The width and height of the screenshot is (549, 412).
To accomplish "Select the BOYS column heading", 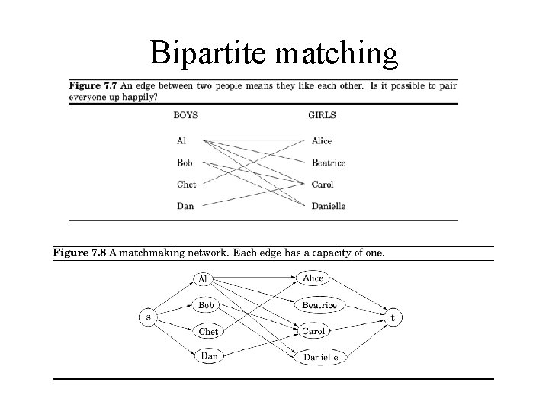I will click(x=186, y=115).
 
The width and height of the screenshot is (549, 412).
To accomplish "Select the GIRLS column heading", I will click(x=322, y=115).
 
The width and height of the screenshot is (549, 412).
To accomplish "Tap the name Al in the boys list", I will click(x=181, y=140).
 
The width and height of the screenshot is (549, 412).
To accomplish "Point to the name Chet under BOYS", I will click(x=186, y=184).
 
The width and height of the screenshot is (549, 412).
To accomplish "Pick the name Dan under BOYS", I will click(x=185, y=206).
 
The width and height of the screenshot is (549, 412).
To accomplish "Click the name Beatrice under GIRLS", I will click(x=329, y=163).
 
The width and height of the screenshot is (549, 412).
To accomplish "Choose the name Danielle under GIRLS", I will click(x=329, y=206).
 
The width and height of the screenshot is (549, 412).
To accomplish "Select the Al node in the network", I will click(x=203, y=279).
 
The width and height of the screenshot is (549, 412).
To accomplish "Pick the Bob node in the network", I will click(x=206, y=305).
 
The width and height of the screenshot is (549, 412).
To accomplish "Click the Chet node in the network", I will click(x=208, y=332).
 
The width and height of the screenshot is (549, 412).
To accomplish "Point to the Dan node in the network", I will click(x=209, y=356).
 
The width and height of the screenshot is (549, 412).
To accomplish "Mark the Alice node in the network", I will click(x=313, y=278).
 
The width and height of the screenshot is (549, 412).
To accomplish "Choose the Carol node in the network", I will click(x=313, y=331).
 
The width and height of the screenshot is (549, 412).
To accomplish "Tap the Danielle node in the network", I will click(x=321, y=356).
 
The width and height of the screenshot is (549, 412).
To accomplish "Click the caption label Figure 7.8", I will click(x=82, y=253).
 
